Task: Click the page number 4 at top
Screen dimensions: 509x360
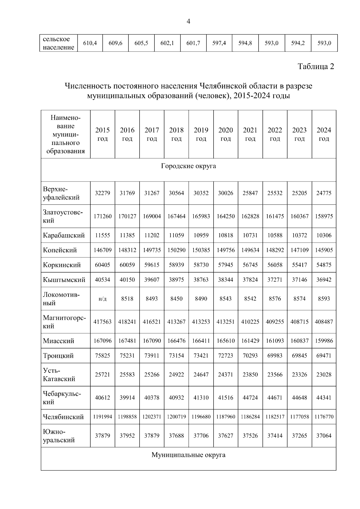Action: click(x=188, y=21)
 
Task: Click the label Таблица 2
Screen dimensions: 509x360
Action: click(x=316, y=66)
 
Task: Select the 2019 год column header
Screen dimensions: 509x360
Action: click(x=201, y=134)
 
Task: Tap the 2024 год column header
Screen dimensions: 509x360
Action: click(x=324, y=134)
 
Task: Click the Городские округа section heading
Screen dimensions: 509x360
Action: click(x=188, y=166)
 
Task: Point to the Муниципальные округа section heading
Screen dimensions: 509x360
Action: click(x=188, y=455)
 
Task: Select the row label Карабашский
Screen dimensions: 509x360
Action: click(x=64, y=235)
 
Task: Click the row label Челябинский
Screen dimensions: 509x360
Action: click(x=63, y=417)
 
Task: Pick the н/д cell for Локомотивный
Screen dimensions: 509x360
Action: click(x=102, y=299)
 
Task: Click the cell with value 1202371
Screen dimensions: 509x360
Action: click(x=151, y=417)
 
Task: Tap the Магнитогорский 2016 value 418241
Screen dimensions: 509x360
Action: click(x=127, y=322)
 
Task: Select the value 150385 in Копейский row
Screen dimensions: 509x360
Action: click(x=201, y=250)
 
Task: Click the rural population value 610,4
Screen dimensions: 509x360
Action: click(x=90, y=43)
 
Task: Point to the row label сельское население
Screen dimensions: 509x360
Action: click(x=58, y=43)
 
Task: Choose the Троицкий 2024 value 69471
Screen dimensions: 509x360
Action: click(x=324, y=356)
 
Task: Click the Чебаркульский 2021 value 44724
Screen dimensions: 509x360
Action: click(x=250, y=398)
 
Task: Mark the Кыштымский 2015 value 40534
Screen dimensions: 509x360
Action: click(x=102, y=280)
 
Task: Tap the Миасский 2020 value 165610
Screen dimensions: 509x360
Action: click(x=226, y=341)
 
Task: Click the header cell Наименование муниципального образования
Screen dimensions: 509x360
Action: click(x=65, y=134)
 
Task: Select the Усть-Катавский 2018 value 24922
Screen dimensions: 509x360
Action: click(x=176, y=375)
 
